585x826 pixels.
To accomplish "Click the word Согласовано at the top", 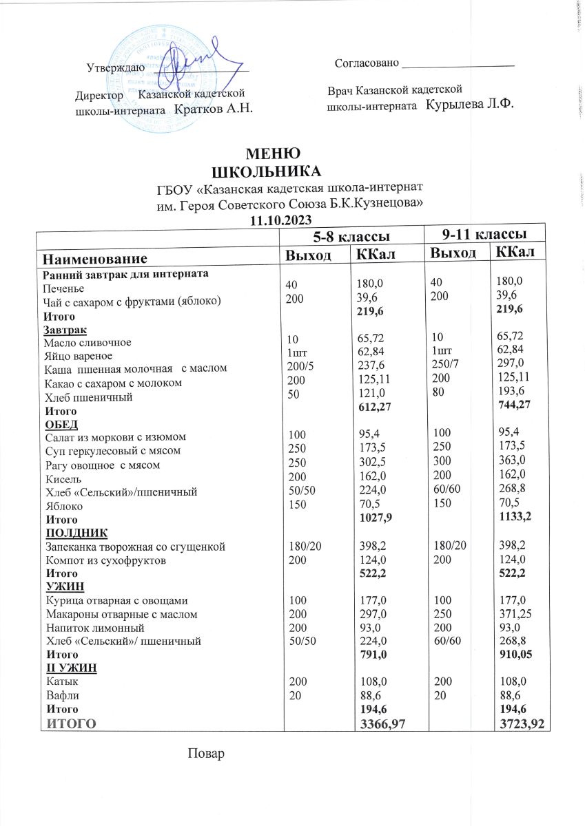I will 367,63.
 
